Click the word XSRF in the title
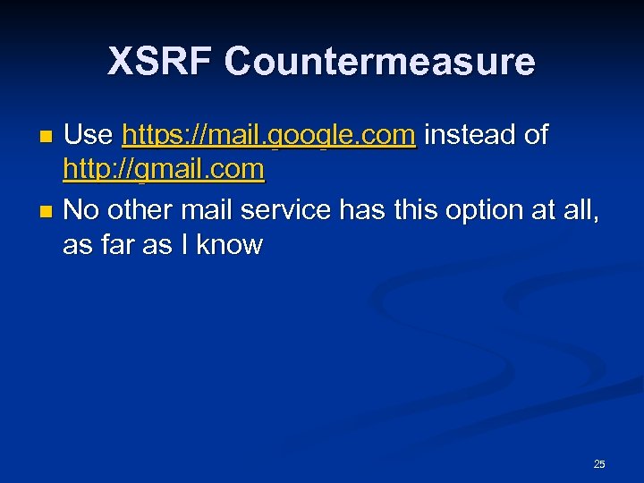(x=160, y=62)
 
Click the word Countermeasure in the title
(x=379, y=62)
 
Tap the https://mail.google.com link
(x=268, y=136)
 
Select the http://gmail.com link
(x=164, y=170)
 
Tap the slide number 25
(x=599, y=463)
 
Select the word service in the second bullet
(x=285, y=211)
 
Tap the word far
(x=114, y=245)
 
